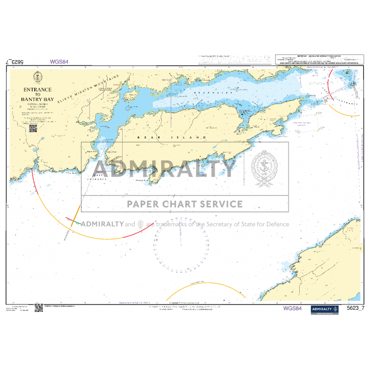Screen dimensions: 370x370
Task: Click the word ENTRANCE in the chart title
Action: pos(37,90)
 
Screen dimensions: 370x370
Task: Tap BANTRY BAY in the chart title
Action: pos(38,99)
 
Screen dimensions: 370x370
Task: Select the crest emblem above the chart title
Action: pos(37,80)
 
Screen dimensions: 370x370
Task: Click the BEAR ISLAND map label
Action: pos(171,137)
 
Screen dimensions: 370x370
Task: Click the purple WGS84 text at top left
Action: pos(59,61)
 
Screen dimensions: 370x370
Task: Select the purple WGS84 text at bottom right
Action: pos(292,308)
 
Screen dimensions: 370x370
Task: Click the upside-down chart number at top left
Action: pos(15,62)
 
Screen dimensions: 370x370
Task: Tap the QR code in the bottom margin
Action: pos(39,308)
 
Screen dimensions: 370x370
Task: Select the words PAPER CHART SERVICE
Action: pos(184,204)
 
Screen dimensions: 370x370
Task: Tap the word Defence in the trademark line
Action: pos(277,224)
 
